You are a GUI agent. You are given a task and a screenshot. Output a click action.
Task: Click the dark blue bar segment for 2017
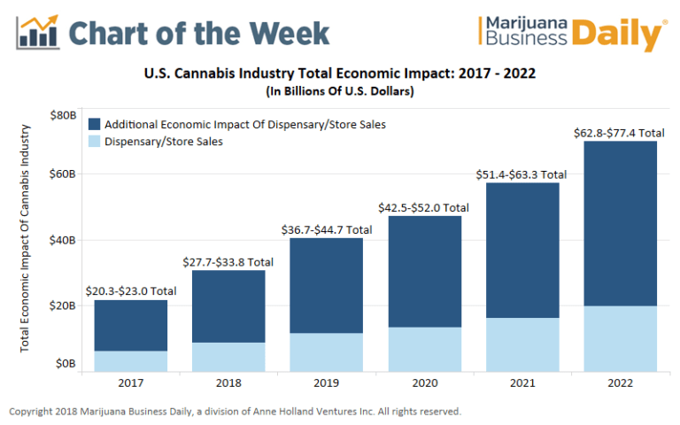point(130,325)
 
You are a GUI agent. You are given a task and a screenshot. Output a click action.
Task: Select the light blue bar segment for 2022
point(620,338)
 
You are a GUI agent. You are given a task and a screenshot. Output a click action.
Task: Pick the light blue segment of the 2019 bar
point(326,352)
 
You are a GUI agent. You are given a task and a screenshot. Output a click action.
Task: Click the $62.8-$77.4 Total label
point(620,133)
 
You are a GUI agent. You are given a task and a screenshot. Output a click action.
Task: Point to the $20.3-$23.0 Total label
point(130,290)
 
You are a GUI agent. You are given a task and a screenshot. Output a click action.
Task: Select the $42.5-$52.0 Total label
point(424,207)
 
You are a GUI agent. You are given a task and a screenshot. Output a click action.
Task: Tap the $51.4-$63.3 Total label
point(522,174)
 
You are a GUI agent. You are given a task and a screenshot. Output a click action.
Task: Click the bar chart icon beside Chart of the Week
point(37,31)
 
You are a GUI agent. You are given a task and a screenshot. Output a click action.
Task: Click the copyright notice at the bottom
point(235,412)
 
